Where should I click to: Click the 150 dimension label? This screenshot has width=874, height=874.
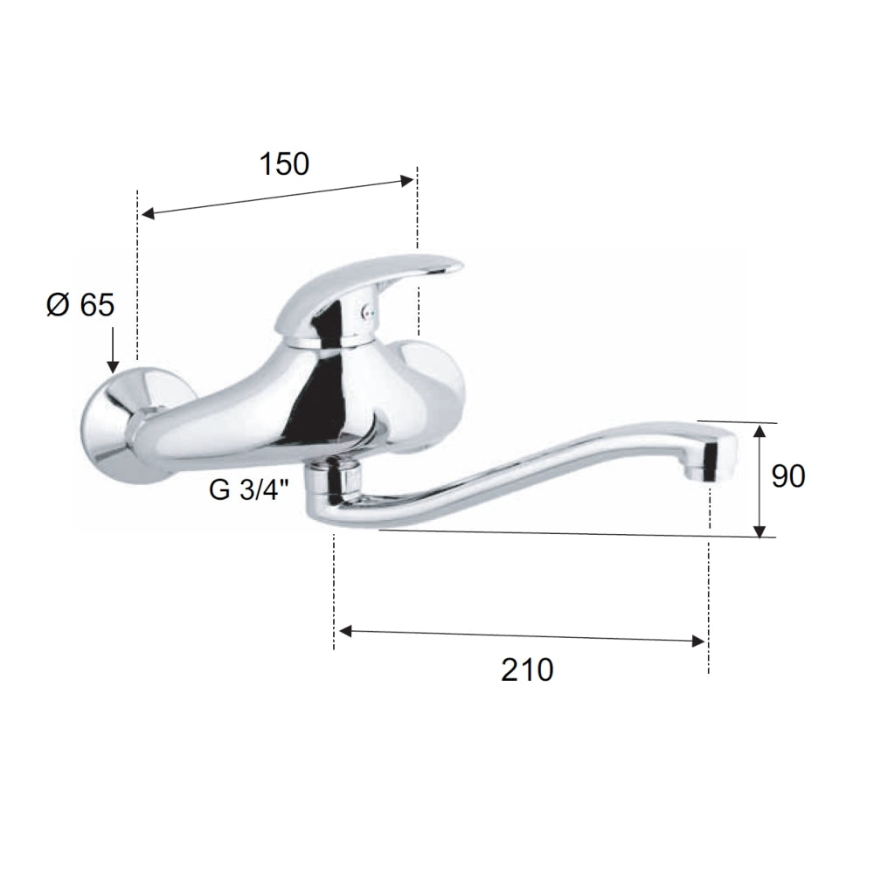(284, 164)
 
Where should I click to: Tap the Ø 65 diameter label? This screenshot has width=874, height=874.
(80, 305)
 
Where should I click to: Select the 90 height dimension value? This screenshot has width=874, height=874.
(788, 476)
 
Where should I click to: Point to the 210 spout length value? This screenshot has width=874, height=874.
(527, 669)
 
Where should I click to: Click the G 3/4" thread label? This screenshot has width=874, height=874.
(249, 490)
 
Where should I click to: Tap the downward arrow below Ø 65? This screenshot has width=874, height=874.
(113, 350)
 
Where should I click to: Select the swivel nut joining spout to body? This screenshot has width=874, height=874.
(335, 476)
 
